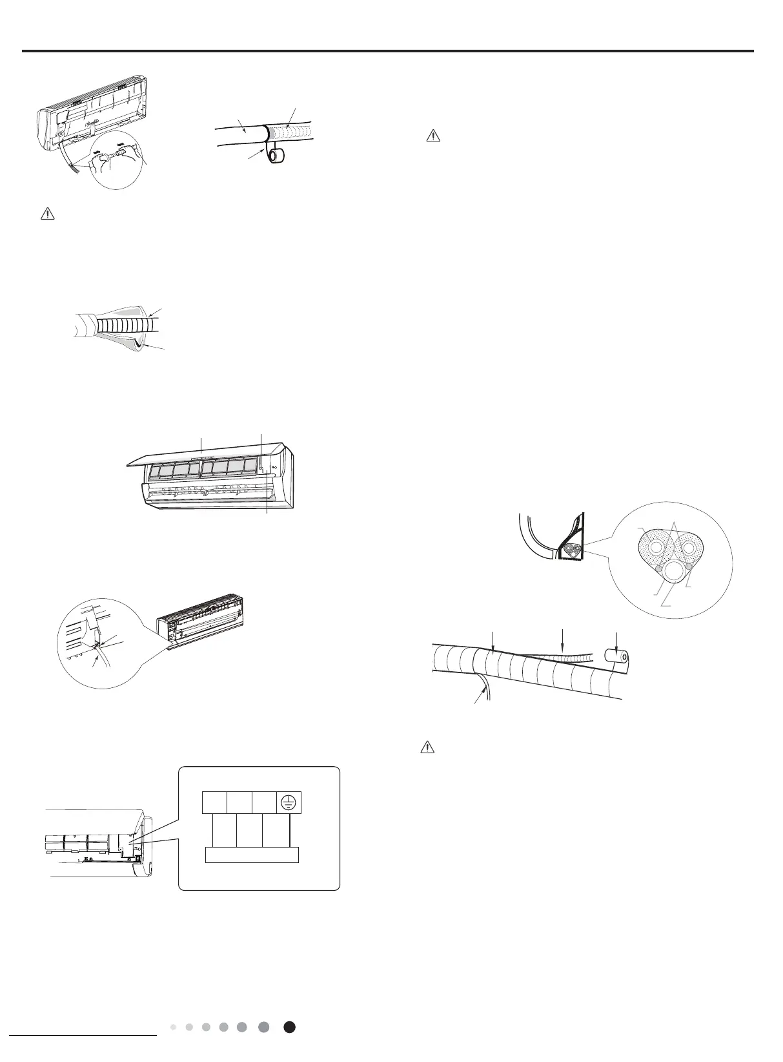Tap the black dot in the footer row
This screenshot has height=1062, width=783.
pyautogui.click(x=290, y=1027)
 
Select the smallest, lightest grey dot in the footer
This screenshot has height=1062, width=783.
pyautogui.click(x=174, y=1027)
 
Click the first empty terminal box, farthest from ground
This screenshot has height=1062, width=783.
pyautogui.click(x=214, y=802)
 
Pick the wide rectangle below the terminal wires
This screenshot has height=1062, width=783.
pyautogui.click(x=252, y=855)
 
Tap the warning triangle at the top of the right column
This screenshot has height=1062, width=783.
pyautogui.click(x=433, y=136)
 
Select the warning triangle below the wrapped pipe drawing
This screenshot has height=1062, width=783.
pyautogui.click(x=426, y=747)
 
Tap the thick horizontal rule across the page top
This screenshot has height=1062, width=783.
pyautogui.click(x=388, y=51)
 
